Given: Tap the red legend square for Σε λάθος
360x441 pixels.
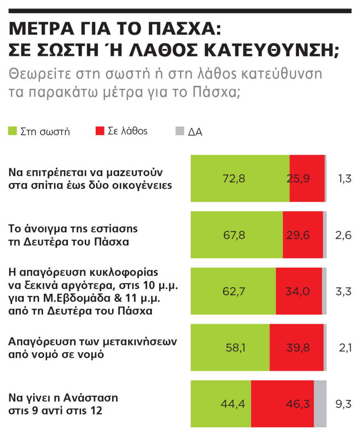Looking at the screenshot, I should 100,131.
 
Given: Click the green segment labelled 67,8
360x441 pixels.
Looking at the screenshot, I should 236,235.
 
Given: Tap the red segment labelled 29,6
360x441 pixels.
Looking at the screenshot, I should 302,235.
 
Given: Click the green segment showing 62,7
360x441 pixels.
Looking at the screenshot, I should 233,291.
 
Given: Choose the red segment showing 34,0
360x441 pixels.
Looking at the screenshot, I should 299,291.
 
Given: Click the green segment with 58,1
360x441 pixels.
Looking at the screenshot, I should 230,348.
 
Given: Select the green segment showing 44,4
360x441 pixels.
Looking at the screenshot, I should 221,404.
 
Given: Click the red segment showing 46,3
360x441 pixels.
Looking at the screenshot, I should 282,404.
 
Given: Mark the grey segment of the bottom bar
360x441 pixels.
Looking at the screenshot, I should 320,404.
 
